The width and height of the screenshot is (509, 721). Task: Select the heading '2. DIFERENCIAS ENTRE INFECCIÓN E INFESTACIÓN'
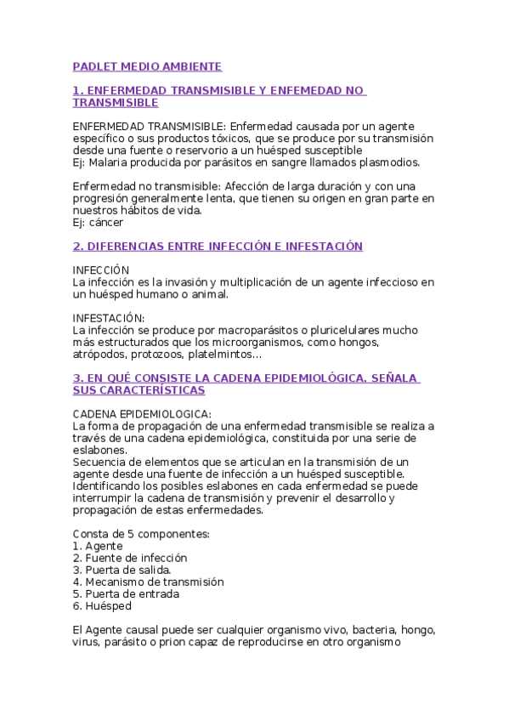pos(218,247)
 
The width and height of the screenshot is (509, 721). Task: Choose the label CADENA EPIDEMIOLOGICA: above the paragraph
pos(142,413)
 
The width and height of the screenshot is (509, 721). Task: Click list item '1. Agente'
pos(99,546)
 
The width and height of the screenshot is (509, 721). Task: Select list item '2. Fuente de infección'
pos(130,558)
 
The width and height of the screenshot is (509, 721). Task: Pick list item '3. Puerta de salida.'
pos(122,570)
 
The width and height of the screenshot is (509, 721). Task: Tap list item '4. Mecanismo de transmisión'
pos(148,582)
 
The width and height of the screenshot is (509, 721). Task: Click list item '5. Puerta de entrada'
pos(126,594)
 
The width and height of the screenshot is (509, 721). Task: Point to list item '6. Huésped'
pos(102,606)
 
